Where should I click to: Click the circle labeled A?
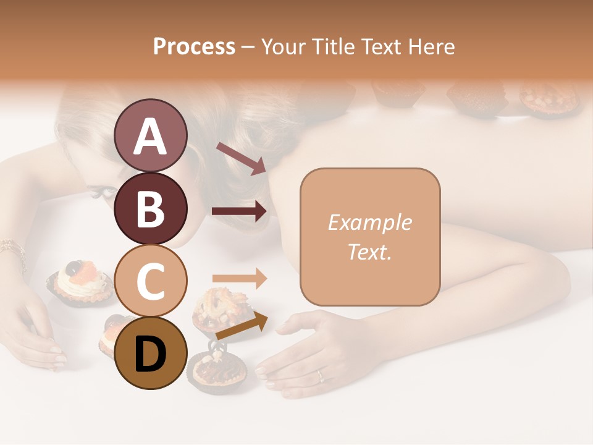coord(150,136)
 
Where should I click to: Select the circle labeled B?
coord(150,208)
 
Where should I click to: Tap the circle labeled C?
coord(150,281)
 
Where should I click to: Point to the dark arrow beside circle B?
coord(239,211)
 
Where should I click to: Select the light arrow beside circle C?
coord(239,278)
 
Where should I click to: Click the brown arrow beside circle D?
coord(242,326)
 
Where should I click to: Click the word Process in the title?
coord(194,46)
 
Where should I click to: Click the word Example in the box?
coord(369,222)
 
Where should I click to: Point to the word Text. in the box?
coord(369,252)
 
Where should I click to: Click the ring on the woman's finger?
coord(320,375)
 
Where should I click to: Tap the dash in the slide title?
coord(248,47)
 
